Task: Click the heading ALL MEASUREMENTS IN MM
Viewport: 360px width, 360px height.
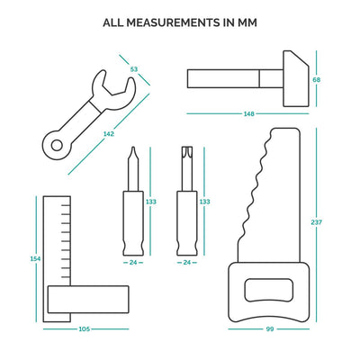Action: point(180,22)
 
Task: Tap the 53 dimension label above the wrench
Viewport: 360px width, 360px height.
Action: point(134,69)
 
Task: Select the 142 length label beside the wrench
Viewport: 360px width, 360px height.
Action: point(109,134)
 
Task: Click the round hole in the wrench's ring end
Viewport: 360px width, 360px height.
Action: point(56,146)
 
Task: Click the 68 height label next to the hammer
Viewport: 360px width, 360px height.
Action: point(316,80)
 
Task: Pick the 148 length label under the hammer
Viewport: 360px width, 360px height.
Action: point(249,114)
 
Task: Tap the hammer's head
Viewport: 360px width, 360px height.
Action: point(296,78)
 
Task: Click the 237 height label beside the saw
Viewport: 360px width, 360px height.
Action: point(317,222)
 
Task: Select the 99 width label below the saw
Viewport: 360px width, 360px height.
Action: point(270,329)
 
